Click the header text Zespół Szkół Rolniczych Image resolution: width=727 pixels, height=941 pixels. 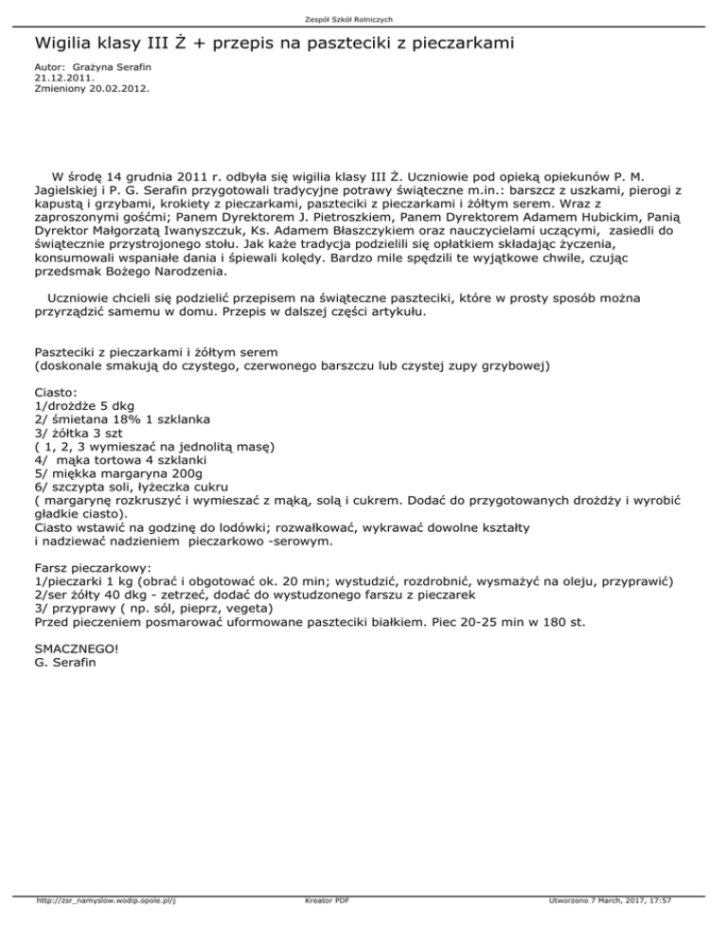(363, 18)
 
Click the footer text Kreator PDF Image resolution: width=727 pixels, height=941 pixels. (323, 928)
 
